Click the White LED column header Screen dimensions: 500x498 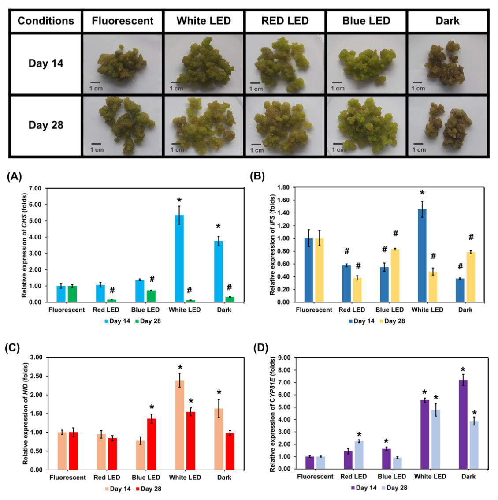[204, 21]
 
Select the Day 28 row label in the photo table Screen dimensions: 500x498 [46, 125]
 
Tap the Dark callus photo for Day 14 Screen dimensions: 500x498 [447, 63]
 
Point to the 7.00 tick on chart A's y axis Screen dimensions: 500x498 [34, 189]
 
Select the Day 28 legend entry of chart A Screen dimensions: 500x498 [148, 321]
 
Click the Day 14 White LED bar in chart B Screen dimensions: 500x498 [422, 256]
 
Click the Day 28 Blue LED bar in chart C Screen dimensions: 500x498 [152, 444]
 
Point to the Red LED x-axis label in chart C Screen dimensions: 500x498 [107, 478]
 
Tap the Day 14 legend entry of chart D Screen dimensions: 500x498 [364, 488]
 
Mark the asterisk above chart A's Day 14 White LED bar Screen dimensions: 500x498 [179, 201]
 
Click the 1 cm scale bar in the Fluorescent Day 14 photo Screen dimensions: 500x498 [95, 82]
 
